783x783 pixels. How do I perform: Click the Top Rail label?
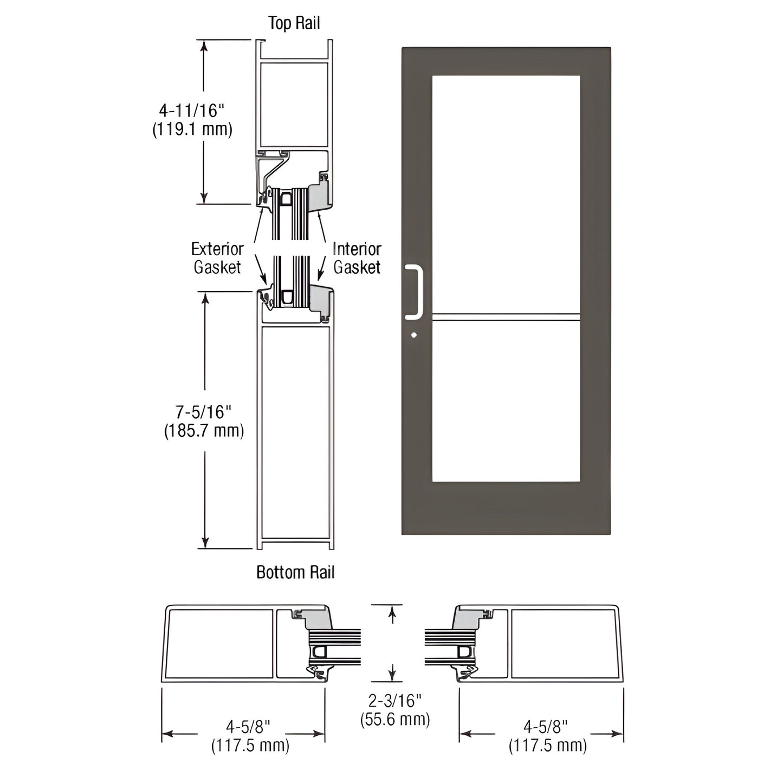coord(294,23)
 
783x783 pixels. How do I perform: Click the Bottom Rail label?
coord(295,572)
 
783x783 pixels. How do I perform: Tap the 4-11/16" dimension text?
coord(191,111)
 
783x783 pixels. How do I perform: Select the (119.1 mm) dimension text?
coord(192,130)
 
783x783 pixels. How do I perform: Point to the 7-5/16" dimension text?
coord(203,412)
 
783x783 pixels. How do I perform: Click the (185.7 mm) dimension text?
coord(204,431)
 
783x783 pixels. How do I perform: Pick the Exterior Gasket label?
coord(217,258)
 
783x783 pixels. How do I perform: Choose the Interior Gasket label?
coord(357,258)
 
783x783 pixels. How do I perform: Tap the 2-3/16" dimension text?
coord(394,701)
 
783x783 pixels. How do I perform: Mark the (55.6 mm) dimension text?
coord(395,720)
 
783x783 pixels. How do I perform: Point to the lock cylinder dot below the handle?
coord(414,335)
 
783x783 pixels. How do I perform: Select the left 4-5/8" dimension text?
coord(248,726)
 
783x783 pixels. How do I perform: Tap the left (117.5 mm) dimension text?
coord(250,745)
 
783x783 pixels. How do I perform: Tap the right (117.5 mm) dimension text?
coord(547,745)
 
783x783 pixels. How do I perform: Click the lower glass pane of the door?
coord(506,401)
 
